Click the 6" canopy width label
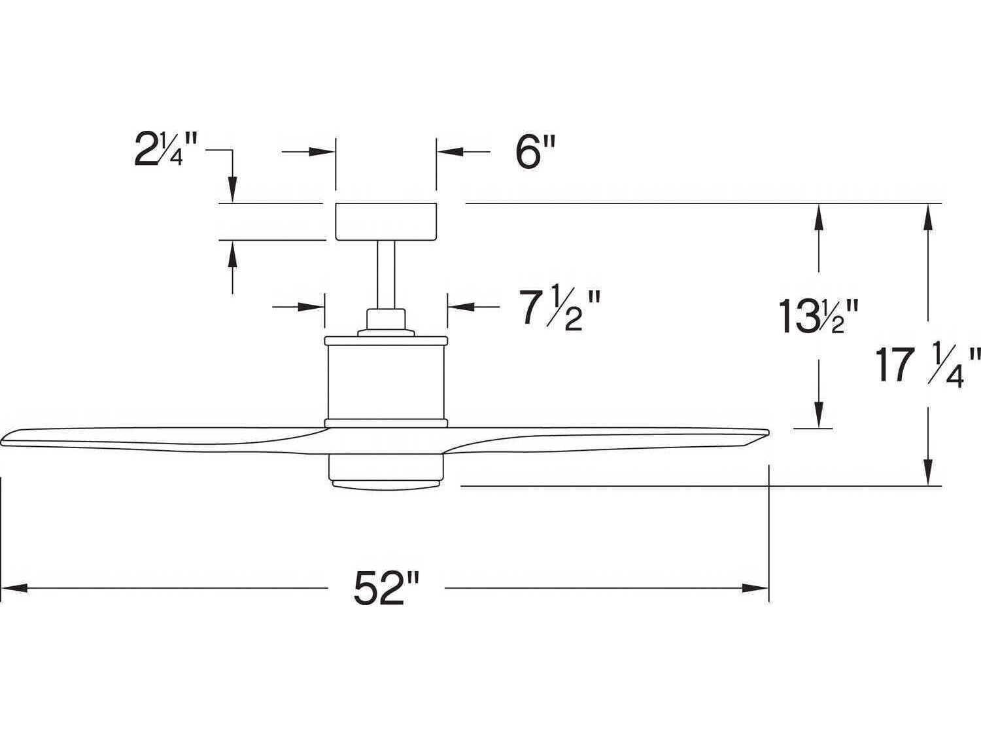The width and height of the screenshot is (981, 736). pos(534,154)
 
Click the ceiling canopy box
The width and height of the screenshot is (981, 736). pos(386,221)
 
